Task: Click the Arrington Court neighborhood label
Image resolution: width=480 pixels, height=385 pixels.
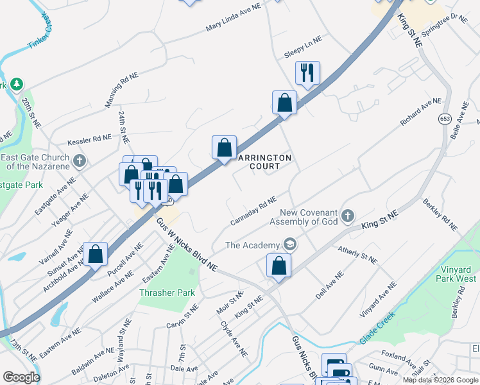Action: pos(264,162)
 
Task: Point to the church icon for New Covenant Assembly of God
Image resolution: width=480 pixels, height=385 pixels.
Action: pos(347,216)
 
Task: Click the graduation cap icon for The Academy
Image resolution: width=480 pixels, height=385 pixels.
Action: pos(290,244)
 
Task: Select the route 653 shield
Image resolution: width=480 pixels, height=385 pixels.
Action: pos(445,119)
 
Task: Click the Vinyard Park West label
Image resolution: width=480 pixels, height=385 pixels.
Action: pos(449,274)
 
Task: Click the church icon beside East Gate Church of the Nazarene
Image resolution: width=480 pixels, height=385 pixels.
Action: pos(79,160)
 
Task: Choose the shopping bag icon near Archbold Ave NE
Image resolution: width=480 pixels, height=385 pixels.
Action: pos(96,254)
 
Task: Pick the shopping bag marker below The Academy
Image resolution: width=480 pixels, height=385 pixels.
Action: pos(279,265)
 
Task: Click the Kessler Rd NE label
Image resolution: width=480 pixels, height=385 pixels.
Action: pos(89,139)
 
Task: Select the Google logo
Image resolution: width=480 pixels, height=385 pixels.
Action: pos(21,377)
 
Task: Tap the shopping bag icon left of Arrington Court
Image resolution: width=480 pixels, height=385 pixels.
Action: pos(224,147)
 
